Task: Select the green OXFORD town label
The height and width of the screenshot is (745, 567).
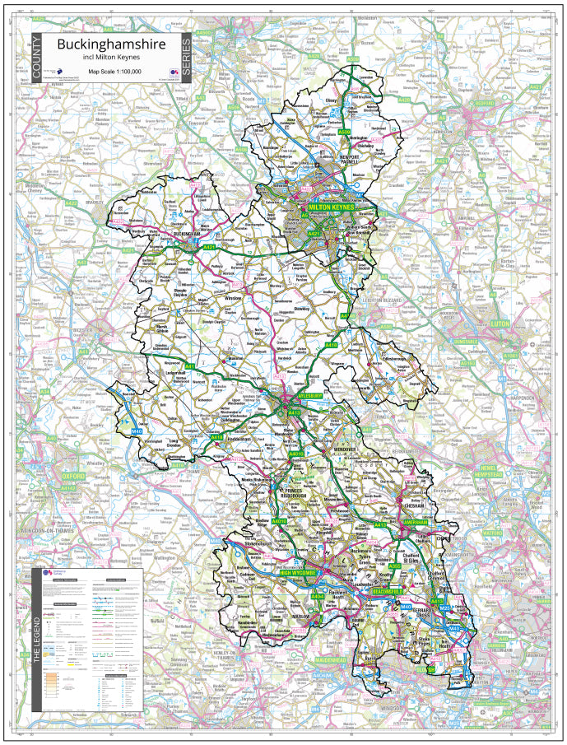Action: coord(72,476)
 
